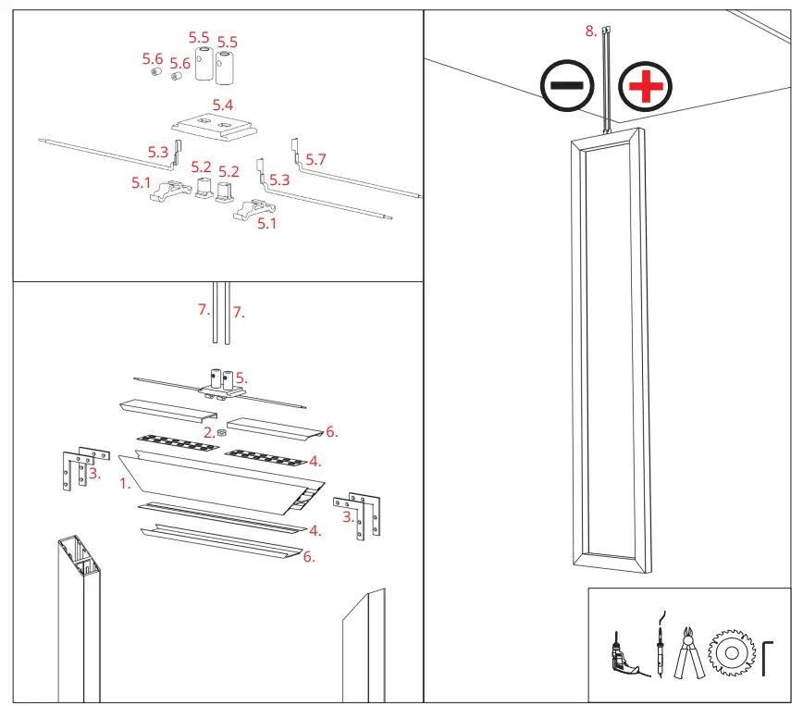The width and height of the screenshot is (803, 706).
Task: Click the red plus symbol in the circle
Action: (646, 89)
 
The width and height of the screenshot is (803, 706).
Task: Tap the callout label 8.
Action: (591, 31)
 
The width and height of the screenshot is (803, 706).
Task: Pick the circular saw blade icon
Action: (730, 653)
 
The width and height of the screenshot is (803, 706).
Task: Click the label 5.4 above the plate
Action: (223, 105)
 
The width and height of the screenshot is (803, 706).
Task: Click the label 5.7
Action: (316, 160)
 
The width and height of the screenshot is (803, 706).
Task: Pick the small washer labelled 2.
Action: (222, 433)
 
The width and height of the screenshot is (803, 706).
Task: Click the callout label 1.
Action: (125, 482)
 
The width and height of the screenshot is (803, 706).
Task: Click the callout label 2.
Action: (209, 432)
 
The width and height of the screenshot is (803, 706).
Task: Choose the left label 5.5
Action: (199, 37)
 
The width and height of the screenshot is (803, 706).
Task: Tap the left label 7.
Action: (204, 310)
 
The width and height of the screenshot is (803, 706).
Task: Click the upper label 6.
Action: (332, 432)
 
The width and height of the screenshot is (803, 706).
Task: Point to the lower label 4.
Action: (315, 531)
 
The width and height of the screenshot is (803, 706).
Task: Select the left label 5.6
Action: (152, 58)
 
